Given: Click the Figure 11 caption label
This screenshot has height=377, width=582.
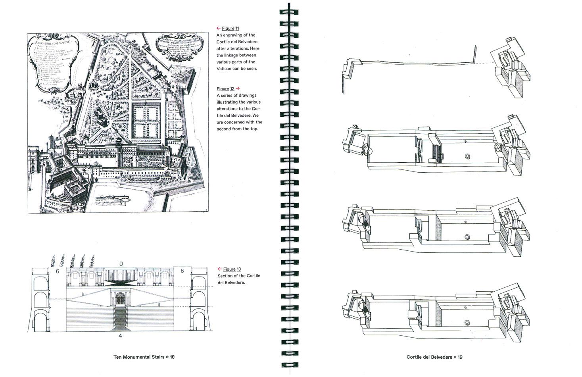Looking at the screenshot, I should pos(230,28).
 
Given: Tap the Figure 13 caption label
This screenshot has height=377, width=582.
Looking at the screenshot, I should pos(232,269).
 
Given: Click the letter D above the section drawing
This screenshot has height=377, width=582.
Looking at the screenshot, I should pos(121,264).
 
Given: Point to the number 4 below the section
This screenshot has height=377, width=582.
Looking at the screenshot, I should pos(121,336).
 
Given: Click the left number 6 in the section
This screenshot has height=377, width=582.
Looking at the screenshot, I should pos(58,271).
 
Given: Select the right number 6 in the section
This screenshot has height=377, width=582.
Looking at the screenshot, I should pos(182,271).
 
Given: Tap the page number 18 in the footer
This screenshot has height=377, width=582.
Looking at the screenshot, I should pos(172,357).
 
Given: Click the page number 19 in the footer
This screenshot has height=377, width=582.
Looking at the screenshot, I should pos(460,357).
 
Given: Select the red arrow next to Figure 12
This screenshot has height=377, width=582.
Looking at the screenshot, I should pos(238,88).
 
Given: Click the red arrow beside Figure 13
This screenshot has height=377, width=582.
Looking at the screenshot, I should pos(219,269).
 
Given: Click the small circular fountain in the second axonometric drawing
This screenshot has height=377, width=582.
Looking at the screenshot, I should pos(468,156).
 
